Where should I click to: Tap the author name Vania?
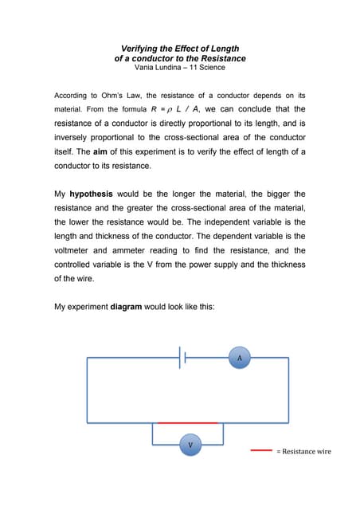(x=148, y=68)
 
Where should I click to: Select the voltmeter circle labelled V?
(x=190, y=444)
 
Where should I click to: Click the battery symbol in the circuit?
(x=183, y=359)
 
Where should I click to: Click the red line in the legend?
(x=262, y=450)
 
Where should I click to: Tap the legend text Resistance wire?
(x=307, y=452)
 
